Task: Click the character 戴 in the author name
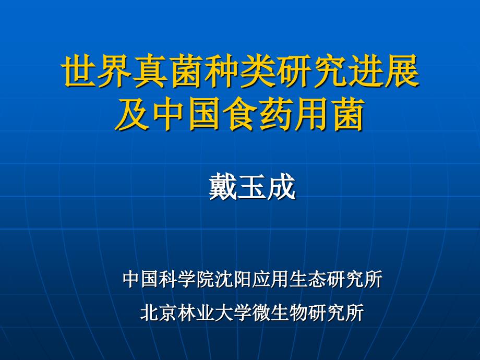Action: click(223, 186)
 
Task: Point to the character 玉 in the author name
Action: click(251, 186)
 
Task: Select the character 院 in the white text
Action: click(206, 279)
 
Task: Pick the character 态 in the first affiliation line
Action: click(318, 279)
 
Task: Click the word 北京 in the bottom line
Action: click(159, 312)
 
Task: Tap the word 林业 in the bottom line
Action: click(196, 312)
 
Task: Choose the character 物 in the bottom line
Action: click(298, 312)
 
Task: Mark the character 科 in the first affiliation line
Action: click(169, 279)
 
